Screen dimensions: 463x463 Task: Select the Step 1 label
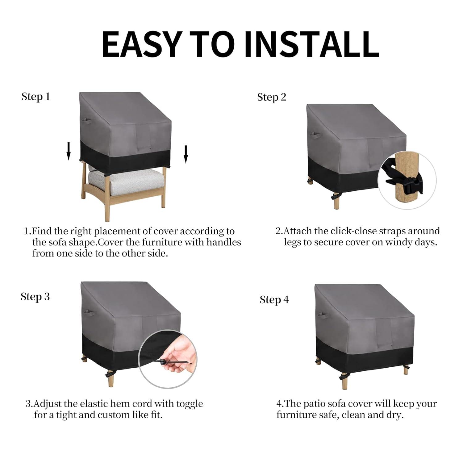coord(35,97)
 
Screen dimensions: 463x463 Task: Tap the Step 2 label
coord(272,97)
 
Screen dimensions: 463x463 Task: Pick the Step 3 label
coord(35,297)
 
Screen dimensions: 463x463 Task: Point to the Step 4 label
coord(274,300)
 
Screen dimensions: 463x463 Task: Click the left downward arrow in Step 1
coord(69,151)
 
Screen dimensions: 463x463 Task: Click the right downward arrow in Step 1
coord(186,154)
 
